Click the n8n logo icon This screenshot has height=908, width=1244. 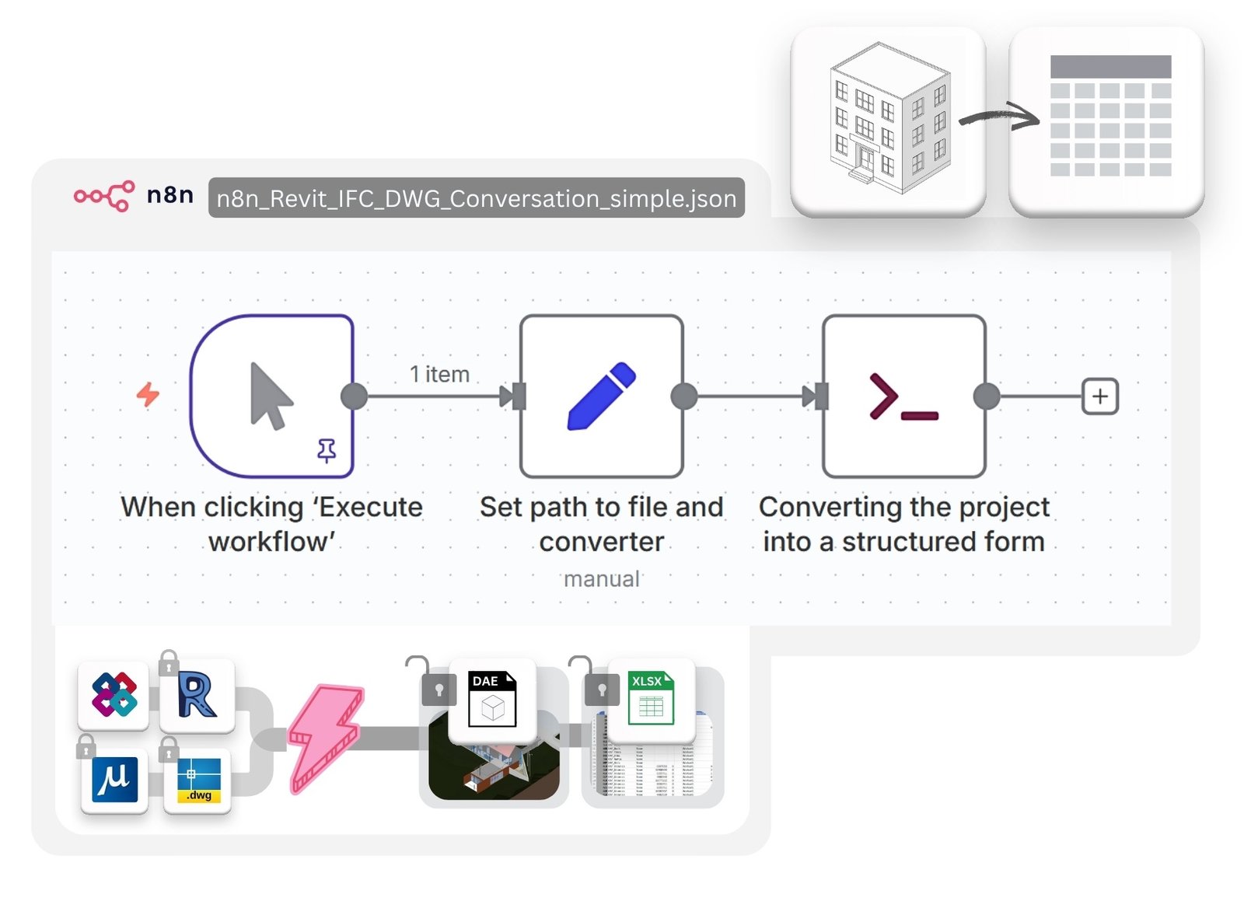point(103,196)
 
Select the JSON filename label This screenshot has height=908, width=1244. point(476,198)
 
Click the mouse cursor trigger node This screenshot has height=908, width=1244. point(272,396)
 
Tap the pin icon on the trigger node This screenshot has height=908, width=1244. point(327,450)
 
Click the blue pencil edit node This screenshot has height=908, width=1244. point(602,396)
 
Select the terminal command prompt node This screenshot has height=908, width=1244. point(903,396)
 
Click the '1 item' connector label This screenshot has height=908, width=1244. point(439,374)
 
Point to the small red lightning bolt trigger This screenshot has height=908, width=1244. point(148,394)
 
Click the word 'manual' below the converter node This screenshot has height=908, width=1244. point(601,579)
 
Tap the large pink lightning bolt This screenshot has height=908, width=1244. point(325,737)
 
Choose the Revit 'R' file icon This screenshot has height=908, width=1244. point(197,695)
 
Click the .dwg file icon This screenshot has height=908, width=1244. point(198,780)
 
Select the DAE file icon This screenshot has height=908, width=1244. point(492,699)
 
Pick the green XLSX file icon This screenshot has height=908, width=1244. point(651,699)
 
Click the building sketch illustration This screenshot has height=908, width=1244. point(889,119)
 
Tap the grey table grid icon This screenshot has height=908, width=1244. point(1109,116)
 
